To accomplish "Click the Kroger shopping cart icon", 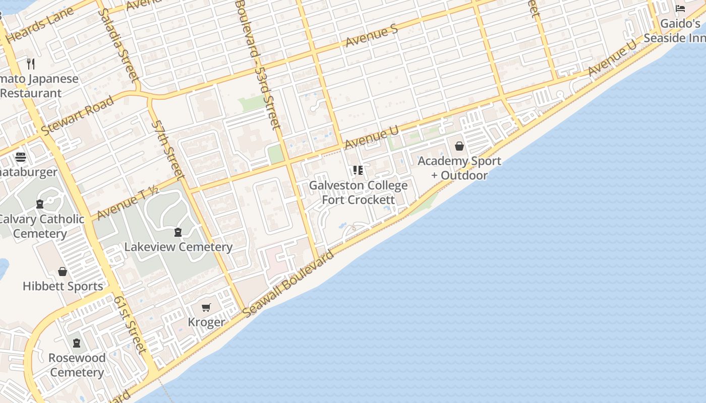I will pos(206,307).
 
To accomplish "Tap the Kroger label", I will pos(206,322).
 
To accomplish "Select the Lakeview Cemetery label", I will pos(178,247).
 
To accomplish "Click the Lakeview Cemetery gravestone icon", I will pos(178,232).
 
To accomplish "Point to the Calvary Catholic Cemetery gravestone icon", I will pos(40,204).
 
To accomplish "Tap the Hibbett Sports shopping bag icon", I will pos(63,272).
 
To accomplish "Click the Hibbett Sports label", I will pos(63,286).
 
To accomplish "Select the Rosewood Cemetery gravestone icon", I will pos(77,343).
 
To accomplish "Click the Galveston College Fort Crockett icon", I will pos(358,170).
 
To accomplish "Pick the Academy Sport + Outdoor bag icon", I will pos(459,146).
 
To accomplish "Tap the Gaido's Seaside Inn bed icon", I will pos(680,9).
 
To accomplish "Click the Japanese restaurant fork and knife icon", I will pos(31,63).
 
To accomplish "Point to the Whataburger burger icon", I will pos(21,157).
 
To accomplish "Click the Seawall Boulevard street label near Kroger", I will pos(288,284).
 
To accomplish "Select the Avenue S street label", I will pos(372,37).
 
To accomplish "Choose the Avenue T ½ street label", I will pos(127,203).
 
